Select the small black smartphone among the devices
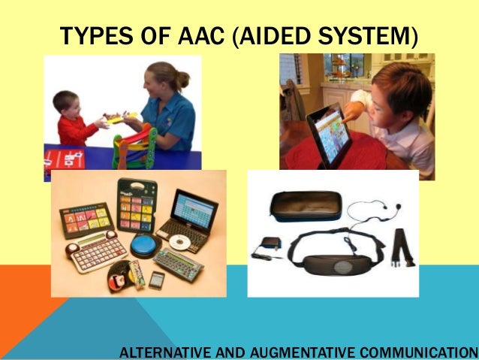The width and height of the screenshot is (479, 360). pos(156,280)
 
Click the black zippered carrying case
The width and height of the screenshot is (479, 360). pos(304,204)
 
